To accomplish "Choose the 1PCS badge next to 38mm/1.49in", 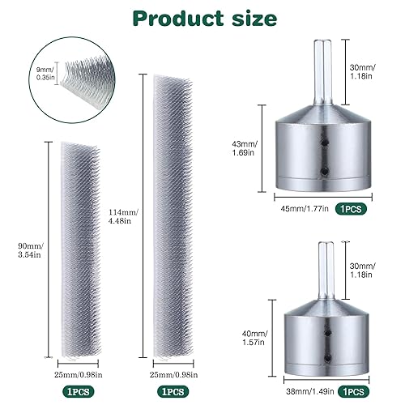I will (x=353, y=371).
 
